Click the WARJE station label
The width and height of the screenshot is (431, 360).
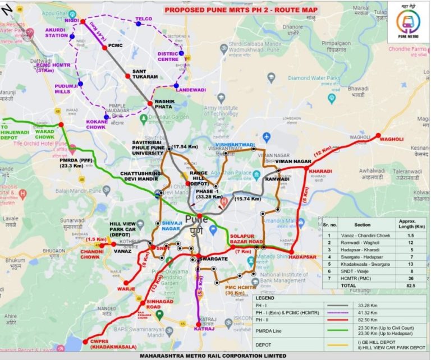125,288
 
